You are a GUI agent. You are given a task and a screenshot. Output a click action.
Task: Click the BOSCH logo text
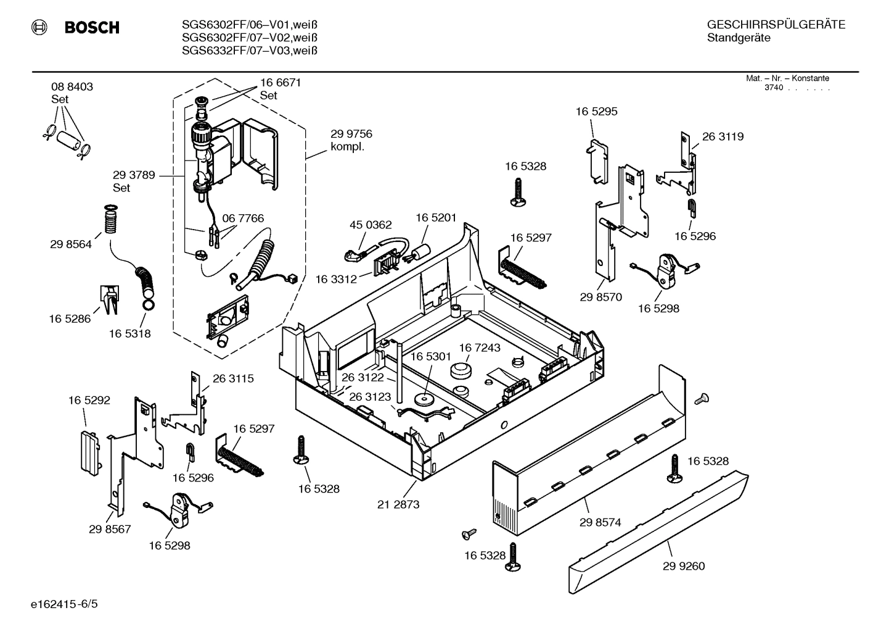point(91,28)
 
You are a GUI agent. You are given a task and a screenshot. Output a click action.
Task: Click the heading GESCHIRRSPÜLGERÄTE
point(776,25)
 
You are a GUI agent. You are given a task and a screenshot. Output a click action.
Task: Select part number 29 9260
point(684,566)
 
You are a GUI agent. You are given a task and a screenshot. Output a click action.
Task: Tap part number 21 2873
point(398,504)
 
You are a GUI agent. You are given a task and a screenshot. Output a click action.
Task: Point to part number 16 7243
point(480,348)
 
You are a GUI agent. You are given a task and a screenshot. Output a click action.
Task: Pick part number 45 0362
point(371,225)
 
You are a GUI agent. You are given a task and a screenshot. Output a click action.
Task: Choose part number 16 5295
point(596,112)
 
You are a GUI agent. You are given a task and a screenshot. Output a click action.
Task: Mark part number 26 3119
point(723,137)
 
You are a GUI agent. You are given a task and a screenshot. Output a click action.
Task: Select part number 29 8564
point(71,244)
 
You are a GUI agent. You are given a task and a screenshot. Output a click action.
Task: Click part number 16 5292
point(89,401)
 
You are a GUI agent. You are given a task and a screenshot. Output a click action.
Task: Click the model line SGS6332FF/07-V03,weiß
point(250,51)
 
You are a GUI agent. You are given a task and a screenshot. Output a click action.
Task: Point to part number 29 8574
point(600,522)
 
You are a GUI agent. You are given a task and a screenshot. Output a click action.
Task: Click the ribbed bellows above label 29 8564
point(110,221)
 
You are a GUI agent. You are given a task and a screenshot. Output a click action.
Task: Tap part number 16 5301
point(431,357)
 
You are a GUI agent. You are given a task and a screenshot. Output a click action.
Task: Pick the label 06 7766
point(243,219)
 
